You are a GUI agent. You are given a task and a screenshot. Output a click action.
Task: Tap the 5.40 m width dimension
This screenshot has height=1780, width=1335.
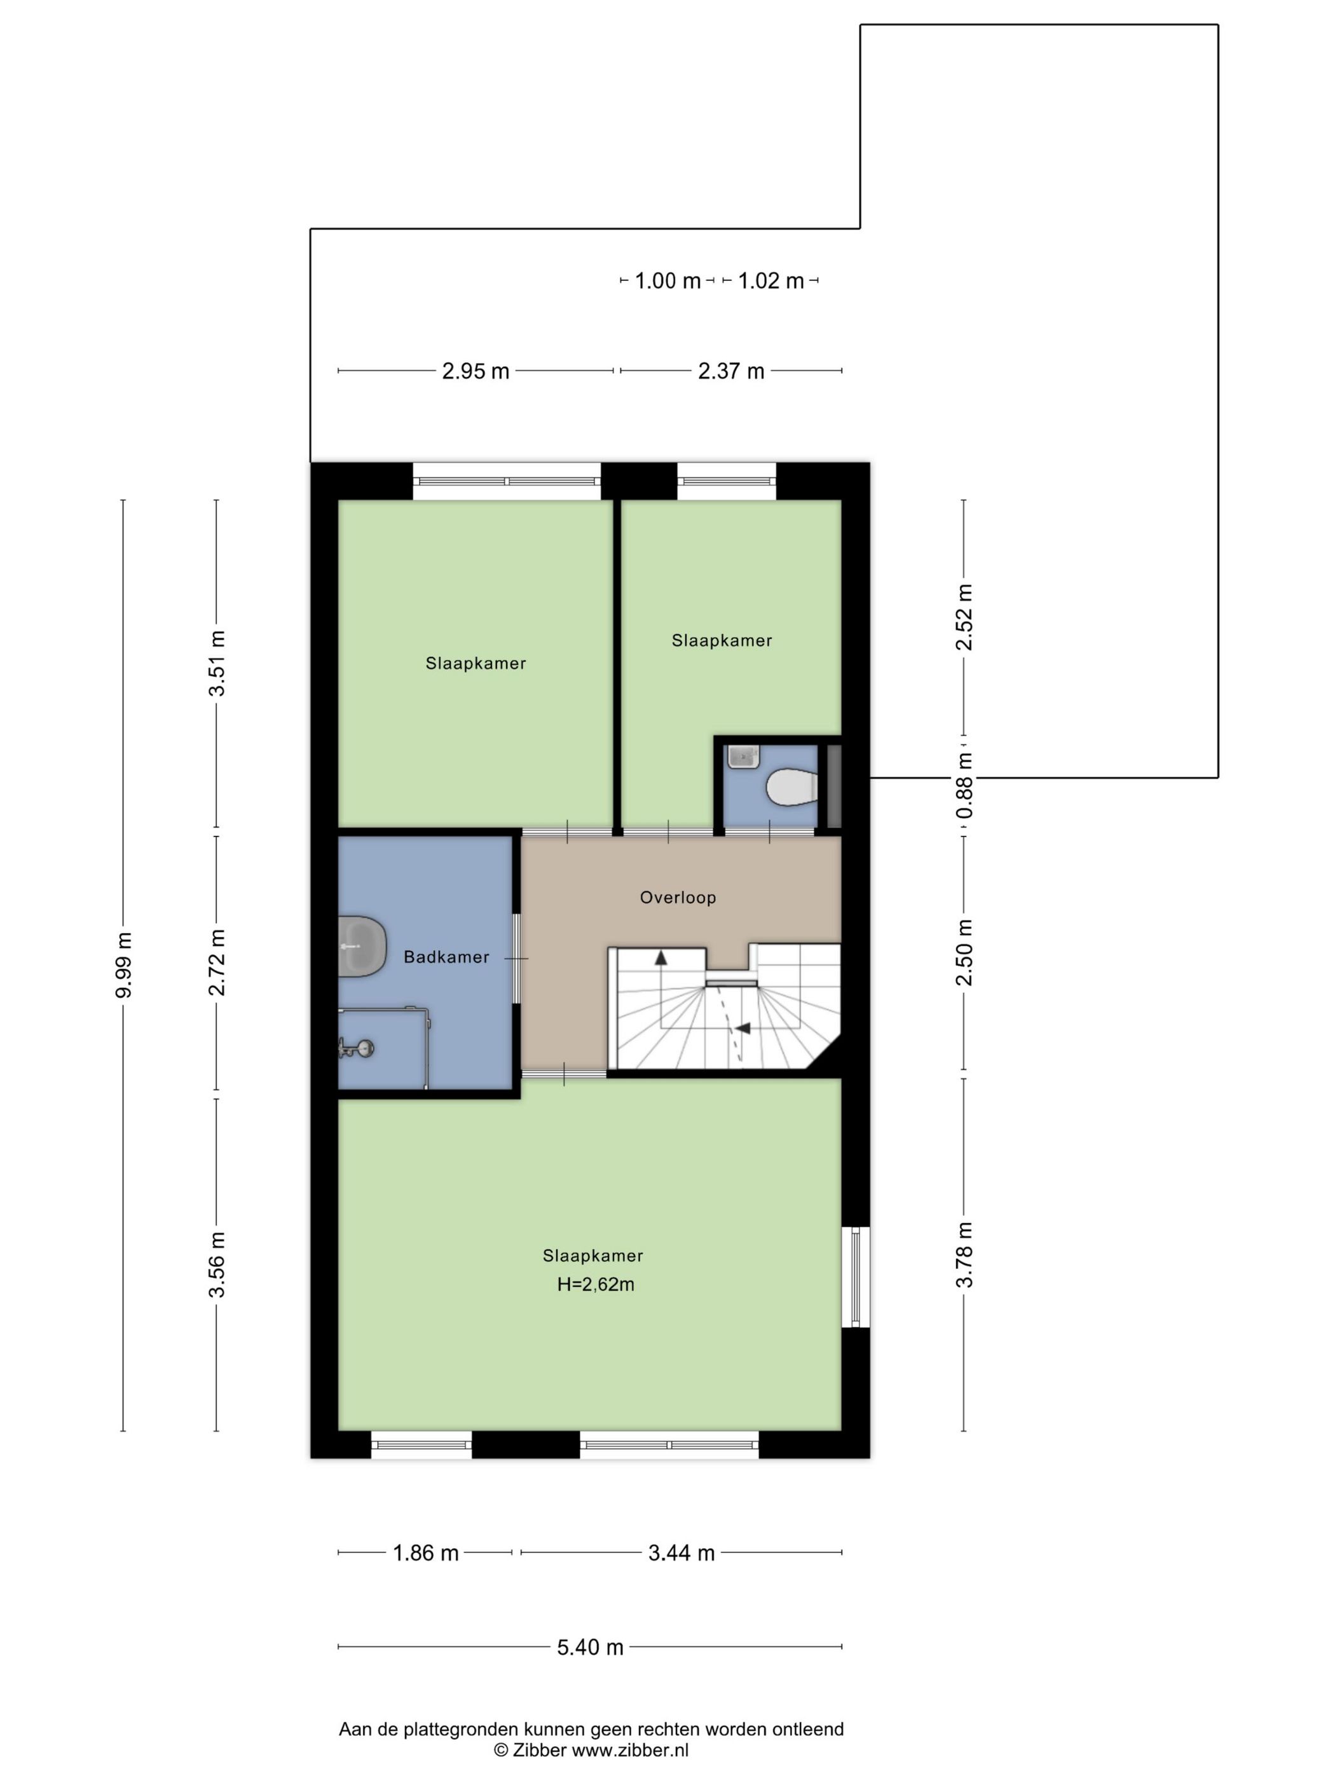coord(590,1647)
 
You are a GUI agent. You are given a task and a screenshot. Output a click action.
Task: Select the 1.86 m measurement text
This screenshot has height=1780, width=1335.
coord(426,1553)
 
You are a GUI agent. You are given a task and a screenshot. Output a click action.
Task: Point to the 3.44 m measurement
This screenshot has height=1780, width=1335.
coord(681,1553)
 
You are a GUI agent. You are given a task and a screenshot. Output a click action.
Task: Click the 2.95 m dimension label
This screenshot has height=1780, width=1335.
coord(476,371)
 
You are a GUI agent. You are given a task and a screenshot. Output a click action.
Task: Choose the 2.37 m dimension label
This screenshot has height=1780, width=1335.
coord(730,371)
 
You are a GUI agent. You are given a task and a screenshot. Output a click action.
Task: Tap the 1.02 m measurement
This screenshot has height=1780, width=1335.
coord(771,281)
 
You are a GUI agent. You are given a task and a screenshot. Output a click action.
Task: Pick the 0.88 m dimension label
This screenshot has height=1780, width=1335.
coord(964,785)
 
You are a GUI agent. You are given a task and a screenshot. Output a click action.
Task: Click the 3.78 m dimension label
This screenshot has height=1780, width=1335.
coord(964,1254)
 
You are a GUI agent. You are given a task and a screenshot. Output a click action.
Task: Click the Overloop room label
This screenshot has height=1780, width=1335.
coord(678,897)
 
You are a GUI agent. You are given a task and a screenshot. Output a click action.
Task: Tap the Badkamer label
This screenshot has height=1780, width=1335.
coord(447,957)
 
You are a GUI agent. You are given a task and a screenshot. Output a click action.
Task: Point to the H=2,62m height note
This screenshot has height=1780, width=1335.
coord(596,1284)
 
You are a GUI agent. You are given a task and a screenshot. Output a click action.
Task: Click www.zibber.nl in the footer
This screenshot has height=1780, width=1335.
coord(630,1751)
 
